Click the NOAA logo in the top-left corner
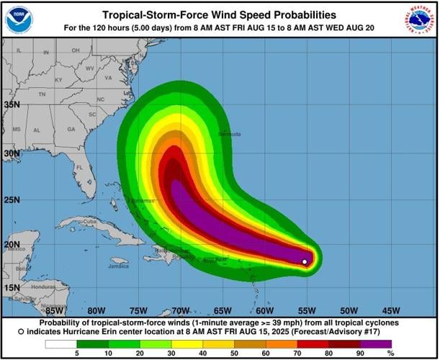point(19,19)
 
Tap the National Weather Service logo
point(420,19)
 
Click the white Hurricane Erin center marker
point(305,261)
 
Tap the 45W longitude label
point(391,310)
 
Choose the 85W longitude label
point(55,310)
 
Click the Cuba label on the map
point(89,221)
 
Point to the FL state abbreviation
point(81,167)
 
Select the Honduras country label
point(42,287)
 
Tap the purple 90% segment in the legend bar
point(374,343)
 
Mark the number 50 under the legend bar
point(234,354)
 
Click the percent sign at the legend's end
point(390,354)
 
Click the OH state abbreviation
point(75,50)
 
